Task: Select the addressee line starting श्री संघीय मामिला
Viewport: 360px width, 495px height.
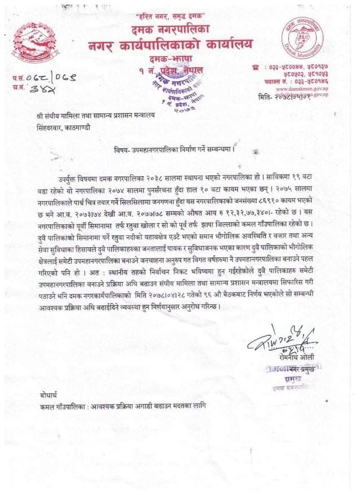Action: tap(90, 116)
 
